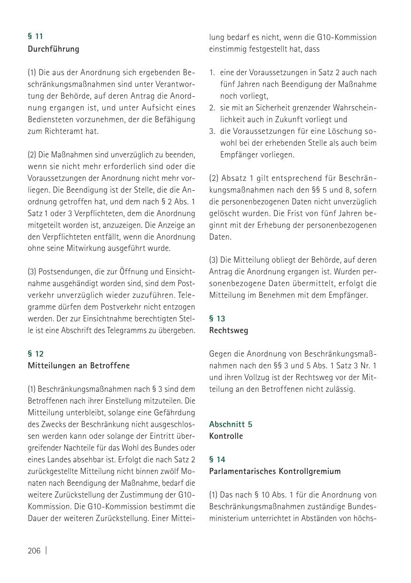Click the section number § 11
pos(35,36)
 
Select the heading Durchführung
pos(53,49)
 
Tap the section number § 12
pos(35,353)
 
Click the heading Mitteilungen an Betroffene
pos(78,365)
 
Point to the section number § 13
pos(217,319)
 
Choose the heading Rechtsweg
pos(228,330)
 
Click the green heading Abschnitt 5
pos(231,424)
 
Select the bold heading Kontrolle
pos(226,436)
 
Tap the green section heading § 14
pos(217,459)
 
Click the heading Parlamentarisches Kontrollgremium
pos(275,471)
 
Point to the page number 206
pos(34,551)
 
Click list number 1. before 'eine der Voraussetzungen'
pos(212,73)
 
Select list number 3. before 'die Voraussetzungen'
pos(212,131)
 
